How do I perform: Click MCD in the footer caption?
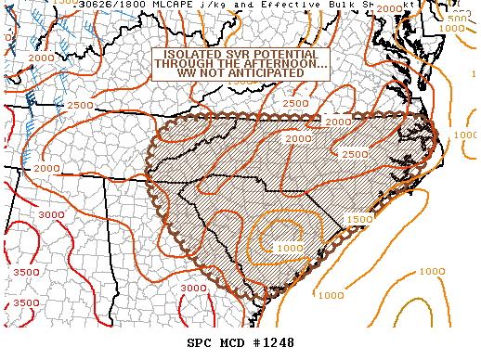tap(229, 343)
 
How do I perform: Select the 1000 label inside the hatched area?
tap(289, 248)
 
